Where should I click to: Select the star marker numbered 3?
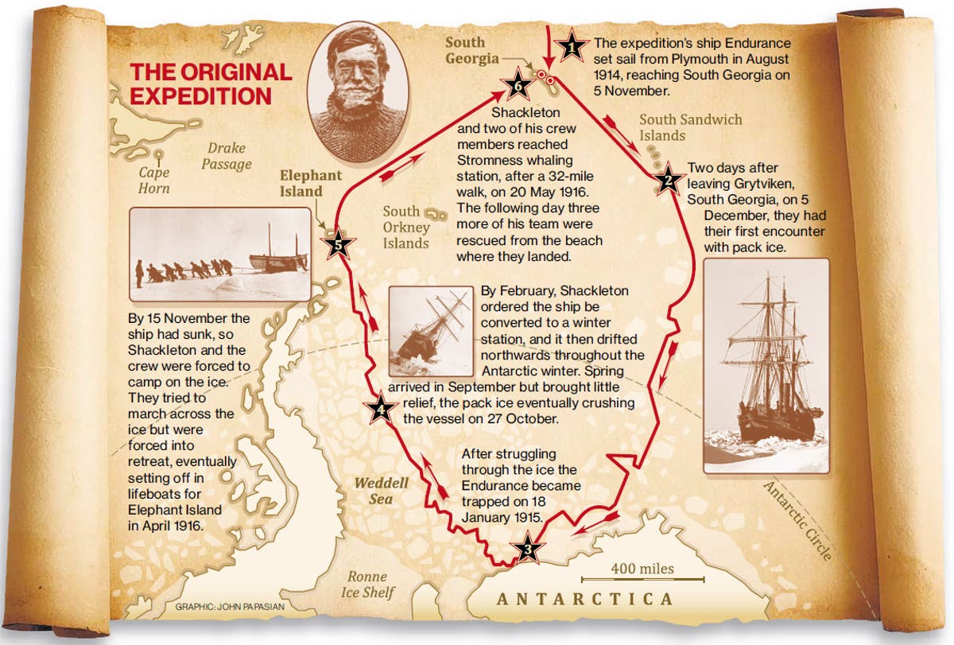[x=526, y=550]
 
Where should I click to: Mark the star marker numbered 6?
[x=518, y=82]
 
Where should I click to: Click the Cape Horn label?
[x=153, y=180]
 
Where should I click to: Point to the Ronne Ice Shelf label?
[x=366, y=585]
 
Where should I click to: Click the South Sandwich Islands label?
[x=690, y=127]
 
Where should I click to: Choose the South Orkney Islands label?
[x=405, y=227]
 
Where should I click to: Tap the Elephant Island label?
[x=311, y=183]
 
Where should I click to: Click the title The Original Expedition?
[x=211, y=84]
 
